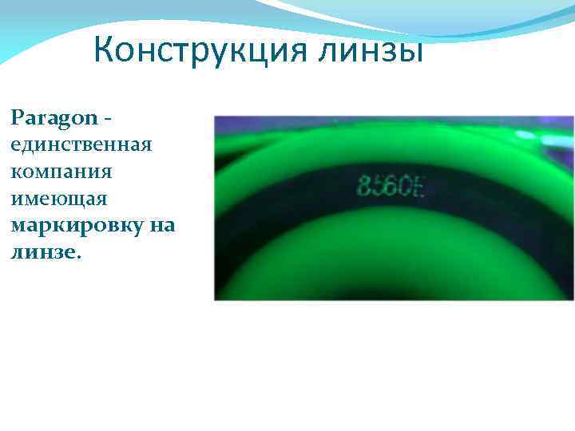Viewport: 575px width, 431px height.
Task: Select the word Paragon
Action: [53, 119]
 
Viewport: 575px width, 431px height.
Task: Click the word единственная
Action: [81, 145]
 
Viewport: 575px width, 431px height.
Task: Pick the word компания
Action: [61, 172]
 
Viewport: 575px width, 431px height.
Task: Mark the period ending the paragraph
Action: [79, 255]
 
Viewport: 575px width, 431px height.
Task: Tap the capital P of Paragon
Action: [18, 118]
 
